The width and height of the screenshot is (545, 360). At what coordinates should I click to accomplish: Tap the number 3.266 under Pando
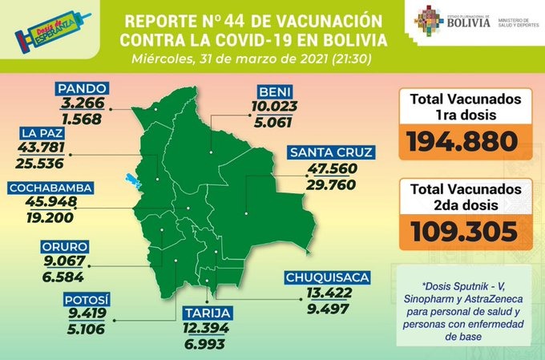coord(82,103)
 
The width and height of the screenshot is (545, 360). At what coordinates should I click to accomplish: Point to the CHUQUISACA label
coord(327,278)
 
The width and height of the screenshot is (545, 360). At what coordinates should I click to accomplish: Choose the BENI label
coord(275,89)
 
